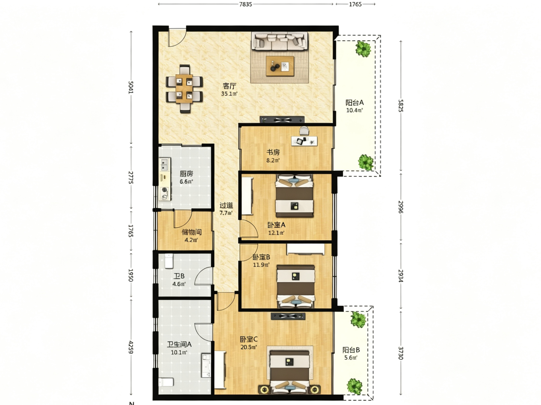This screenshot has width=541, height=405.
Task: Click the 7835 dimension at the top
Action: tap(245, 4)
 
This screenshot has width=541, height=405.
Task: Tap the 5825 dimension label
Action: tap(401, 106)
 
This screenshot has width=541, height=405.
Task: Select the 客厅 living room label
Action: tap(229, 86)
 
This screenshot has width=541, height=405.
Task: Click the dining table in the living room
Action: tap(184, 89)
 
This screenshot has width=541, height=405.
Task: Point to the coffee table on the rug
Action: tap(280, 66)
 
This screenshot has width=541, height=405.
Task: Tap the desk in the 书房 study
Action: tap(304, 141)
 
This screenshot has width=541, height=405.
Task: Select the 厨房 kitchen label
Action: tap(186, 174)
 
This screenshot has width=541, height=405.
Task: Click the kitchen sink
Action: tap(164, 164)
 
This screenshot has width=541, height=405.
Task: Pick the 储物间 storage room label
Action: tap(192, 232)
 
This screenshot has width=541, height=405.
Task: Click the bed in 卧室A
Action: tap(294, 196)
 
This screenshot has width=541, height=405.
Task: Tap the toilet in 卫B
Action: tap(169, 261)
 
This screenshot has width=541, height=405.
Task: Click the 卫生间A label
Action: tap(179, 344)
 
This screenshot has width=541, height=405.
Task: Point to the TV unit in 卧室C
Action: tap(288, 316)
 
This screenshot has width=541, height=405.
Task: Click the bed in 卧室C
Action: tap(290, 372)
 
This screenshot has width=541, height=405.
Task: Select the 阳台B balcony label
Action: tap(351, 350)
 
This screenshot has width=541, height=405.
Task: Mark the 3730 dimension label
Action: tap(401, 353)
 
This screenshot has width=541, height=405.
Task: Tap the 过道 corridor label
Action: tap(226, 205)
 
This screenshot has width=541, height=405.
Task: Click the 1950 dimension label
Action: tap(130, 275)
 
